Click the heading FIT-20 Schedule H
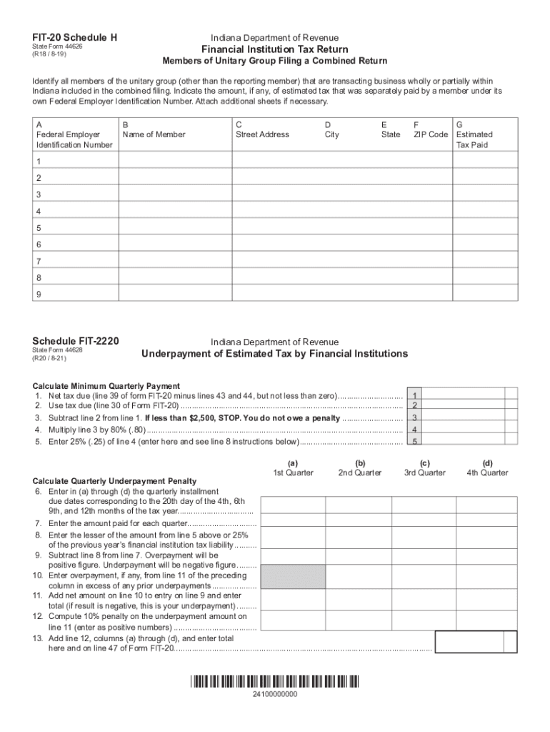(74, 37)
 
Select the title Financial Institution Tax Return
(274, 49)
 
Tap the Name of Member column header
(154, 134)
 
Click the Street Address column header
(262, 134)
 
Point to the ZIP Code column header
(431, 134)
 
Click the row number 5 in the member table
(39, 229)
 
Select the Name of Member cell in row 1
(174, 161)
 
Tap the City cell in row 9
(347, 295)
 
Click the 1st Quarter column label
(293, 473)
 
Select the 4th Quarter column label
(487, 473)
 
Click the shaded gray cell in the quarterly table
(293, 576)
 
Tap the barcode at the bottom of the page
(274, 681)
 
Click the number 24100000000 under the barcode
(275, 695)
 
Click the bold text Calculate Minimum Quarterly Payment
(106, 386)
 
